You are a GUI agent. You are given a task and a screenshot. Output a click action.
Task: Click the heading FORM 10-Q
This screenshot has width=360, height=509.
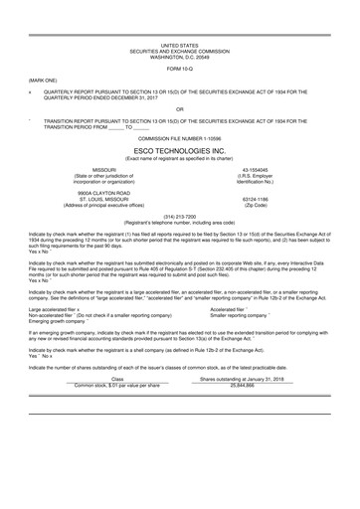tap(179, 69)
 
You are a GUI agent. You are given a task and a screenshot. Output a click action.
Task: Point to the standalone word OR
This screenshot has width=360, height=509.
tap(179, 108)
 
